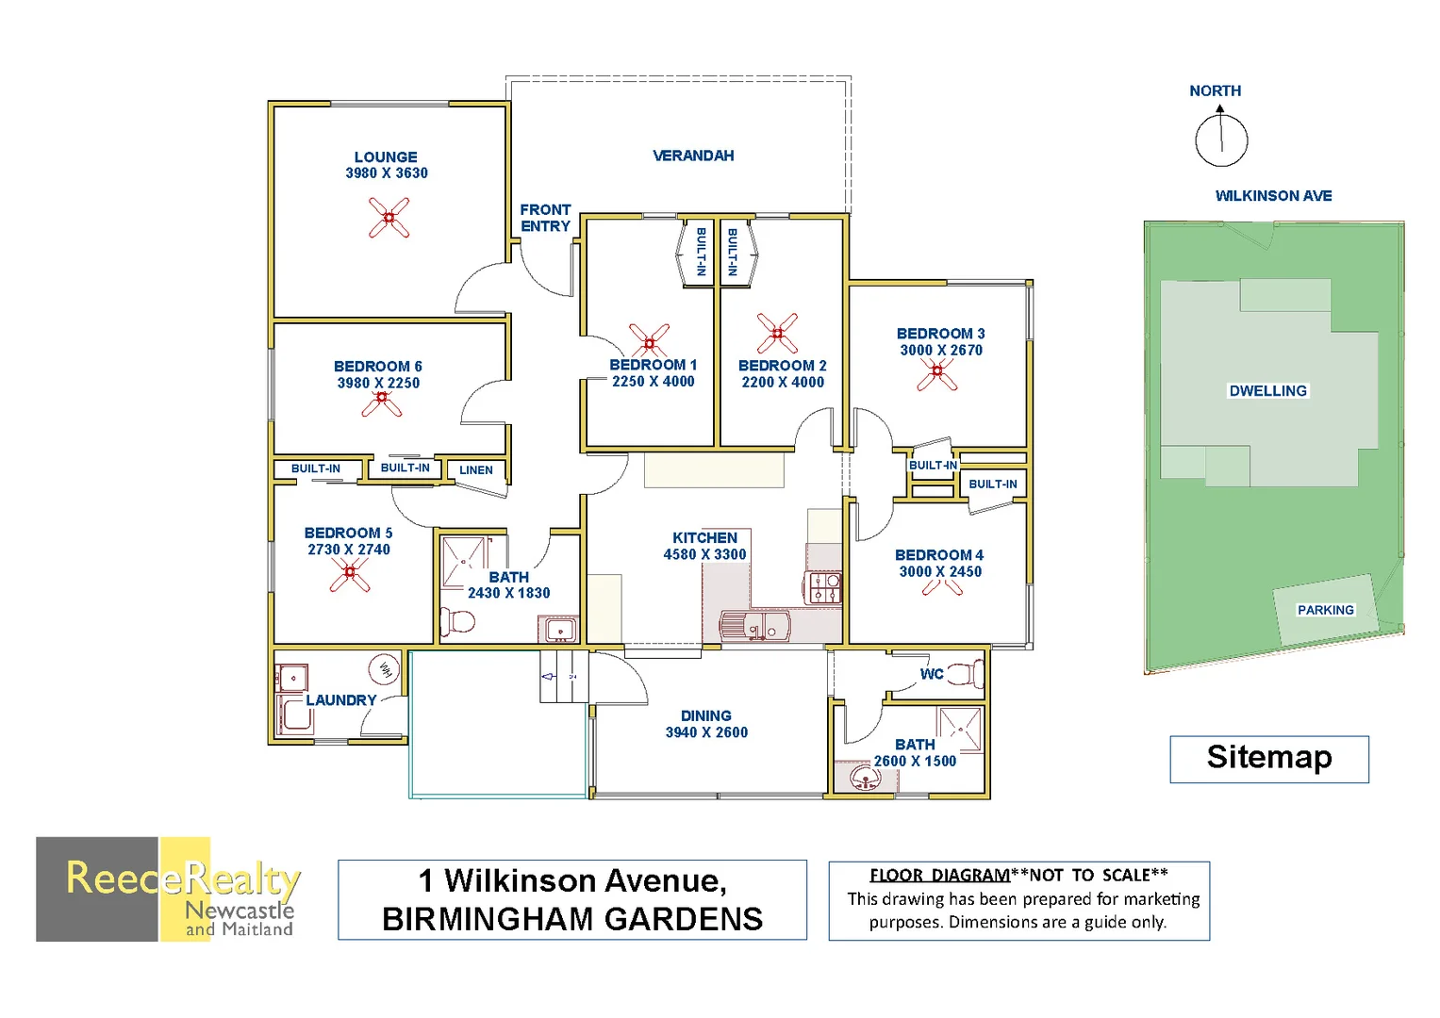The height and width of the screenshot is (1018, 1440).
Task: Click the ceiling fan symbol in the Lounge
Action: (389, 218)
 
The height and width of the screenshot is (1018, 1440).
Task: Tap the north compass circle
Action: (1221, 140)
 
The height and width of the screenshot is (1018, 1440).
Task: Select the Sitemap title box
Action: (1268, 759)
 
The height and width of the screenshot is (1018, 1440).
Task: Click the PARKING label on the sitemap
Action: (1325, 610)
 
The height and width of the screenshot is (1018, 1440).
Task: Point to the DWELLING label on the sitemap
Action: (1267, 390)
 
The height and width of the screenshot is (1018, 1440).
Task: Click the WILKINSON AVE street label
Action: (1273, 196)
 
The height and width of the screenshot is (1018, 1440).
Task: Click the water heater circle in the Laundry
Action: (385, 669)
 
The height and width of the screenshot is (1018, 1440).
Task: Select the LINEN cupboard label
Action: (475, 469)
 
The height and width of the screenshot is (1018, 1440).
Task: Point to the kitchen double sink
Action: (755, 625)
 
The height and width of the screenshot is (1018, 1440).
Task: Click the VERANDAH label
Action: (693, 156)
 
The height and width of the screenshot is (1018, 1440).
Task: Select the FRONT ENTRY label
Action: (545, 218)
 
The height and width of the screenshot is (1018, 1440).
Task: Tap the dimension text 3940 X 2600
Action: (706, 732)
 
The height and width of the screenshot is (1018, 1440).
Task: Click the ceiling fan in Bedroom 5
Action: (350, 572)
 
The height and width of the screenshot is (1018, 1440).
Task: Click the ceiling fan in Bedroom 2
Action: (777, 333)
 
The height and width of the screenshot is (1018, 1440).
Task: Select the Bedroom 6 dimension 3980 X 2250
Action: (378, 383)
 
